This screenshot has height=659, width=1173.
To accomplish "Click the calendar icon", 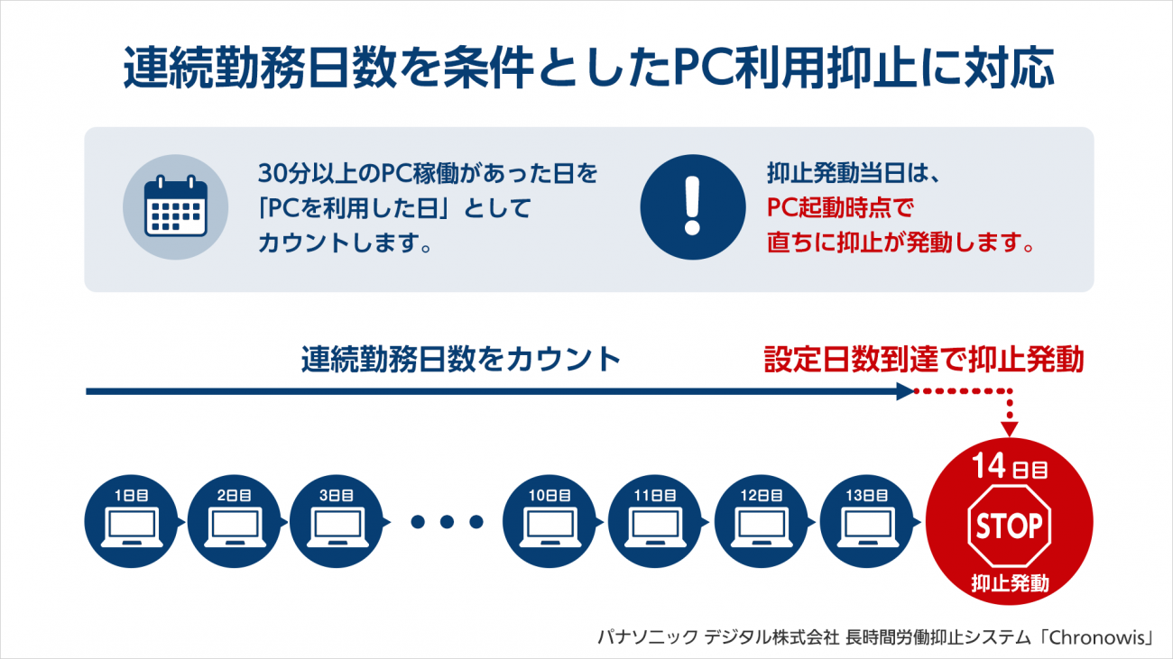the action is click(x=175, y=206).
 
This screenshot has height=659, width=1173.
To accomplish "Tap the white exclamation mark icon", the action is click(x=692, y=206).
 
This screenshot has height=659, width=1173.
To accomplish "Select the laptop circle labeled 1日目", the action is click(x=131, y=521).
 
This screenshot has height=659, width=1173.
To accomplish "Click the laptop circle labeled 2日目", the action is click(x=234, y=521).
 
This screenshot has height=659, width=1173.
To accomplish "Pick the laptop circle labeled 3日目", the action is click(x=337, y=521).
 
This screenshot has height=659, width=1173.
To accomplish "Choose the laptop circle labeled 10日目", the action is click(x=550, y=521).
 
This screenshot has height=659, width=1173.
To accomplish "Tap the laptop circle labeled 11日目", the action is click(x=655, y=521).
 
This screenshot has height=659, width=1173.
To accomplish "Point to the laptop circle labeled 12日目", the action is click(x=761, y=521).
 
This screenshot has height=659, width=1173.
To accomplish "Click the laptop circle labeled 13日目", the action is click(x=866, y=521).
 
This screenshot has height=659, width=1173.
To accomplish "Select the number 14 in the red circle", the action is click(x=989, y=465).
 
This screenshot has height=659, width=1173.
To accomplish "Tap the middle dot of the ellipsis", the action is click(x=447, y=521).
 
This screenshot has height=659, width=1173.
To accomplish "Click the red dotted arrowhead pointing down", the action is click(x=1010, y=429).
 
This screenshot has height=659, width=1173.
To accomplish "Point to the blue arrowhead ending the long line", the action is click(x=905, y=391).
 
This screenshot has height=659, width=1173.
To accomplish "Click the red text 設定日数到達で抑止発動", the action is click(x=924, y=360).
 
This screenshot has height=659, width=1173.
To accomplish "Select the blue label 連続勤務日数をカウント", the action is click(x=461, y=360).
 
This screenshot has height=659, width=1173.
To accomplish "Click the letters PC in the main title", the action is click(x=703, y=68).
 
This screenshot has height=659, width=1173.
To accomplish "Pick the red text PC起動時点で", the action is click(x=840, y=207).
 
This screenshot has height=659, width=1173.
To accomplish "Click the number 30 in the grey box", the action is click(x=272, y=173).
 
